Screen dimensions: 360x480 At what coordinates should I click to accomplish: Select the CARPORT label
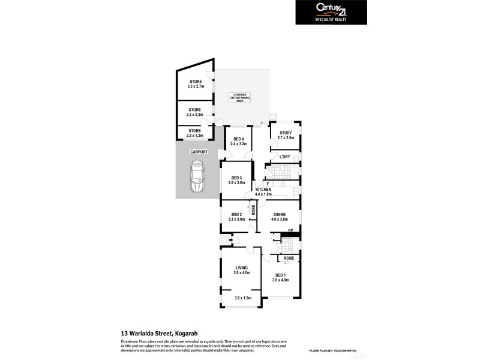pyautogui.click(x=199, y=152)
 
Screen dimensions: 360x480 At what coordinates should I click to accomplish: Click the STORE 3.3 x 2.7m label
pyautogui.click(x=195, y=84)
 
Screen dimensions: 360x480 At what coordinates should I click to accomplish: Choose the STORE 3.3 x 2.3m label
pyautogui.click(x=195, y=112)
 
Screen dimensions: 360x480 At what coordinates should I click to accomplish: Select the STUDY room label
pyautogui.click(x=286, y=136)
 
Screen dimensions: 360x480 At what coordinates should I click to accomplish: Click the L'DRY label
pyautogui.click(x=285, y=157)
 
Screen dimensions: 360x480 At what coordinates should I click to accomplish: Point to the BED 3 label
pyautogui.click(x=236, y=180)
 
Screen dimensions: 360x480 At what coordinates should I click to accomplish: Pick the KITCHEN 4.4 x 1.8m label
pyautogui.click(x=263, y=192)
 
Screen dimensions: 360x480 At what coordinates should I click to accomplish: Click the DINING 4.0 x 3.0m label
pyautogui.click(x=280, y=217)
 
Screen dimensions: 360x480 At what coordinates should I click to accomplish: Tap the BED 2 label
pyautogui.click(x=236, y=217)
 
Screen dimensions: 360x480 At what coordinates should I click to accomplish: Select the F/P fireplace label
pyautogui.click(x=290, y=231)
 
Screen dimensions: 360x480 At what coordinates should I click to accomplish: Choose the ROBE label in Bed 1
pyautogui.click(x=289, y=258)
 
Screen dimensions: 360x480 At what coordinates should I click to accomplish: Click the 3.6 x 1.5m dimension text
pyautogui.click(x=242, y=298)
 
